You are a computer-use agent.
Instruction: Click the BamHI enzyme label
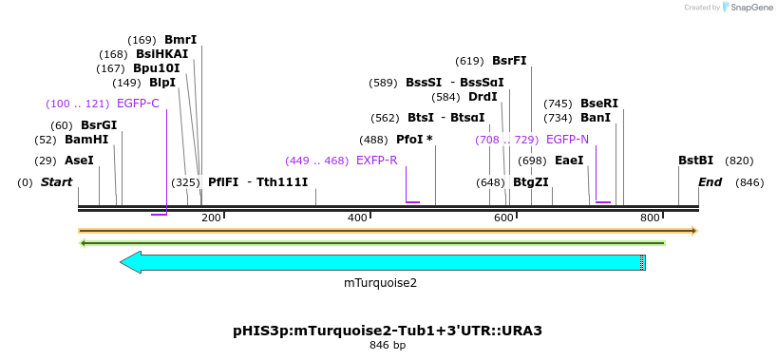(86, 140)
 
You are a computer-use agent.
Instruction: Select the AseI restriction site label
(79, 161)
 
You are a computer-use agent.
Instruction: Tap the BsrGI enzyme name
(99, 125)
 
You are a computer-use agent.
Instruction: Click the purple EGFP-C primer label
(138, 104)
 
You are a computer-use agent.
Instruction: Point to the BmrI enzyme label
(180, 40)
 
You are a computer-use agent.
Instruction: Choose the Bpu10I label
(156, 68)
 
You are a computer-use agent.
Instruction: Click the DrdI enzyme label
(483, 97)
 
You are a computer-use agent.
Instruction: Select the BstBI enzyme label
(695, 161)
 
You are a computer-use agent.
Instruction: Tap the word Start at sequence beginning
(56, 182)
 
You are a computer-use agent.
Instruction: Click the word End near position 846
(711, 182)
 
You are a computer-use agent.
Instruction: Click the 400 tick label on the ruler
(357, 218)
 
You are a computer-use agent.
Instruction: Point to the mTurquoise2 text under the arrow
(380, 282)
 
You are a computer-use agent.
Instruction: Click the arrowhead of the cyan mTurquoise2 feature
(130, 262)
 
